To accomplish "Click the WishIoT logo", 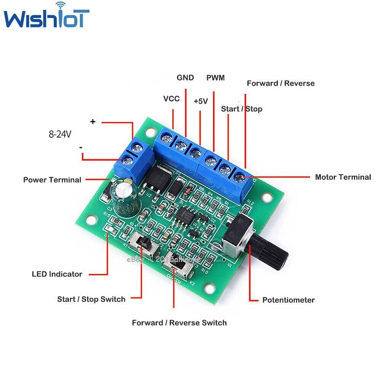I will [x=46, y=17].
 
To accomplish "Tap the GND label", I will [x=185, y=78].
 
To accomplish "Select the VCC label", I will [x=171, y=99].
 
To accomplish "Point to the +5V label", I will [x=200, y=101].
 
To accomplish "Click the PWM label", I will [x=216, y=78].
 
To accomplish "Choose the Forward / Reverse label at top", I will [x=281, y=83].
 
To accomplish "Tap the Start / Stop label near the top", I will [x=242, y=109].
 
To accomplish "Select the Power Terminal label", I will [x=52, y=179].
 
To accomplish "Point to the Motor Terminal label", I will [x=343, y=177].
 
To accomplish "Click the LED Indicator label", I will [x=57, y=274].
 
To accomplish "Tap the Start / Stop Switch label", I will [x=91, y=299].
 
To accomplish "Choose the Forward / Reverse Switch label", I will [x=179, y=323].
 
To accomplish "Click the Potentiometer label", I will [x=288, y=300].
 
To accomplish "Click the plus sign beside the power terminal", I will [x=93, y=122].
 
